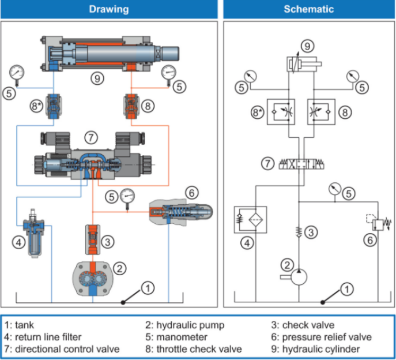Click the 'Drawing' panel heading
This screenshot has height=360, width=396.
[109, 9]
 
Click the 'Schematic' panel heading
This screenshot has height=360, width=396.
[308, 9]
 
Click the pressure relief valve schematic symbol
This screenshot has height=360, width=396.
[374, 222]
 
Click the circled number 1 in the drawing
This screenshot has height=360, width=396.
[148, 286]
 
